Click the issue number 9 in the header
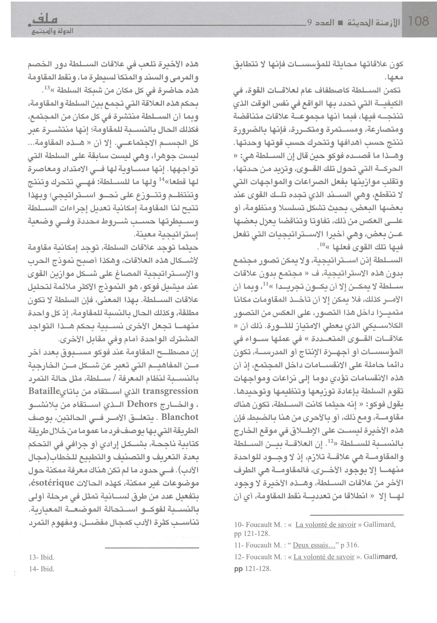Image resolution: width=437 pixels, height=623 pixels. [309, 23]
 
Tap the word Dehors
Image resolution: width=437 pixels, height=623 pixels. [142, 404]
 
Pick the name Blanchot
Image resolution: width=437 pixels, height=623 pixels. [180, 417]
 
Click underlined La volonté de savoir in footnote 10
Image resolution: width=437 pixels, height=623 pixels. [325, 524]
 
